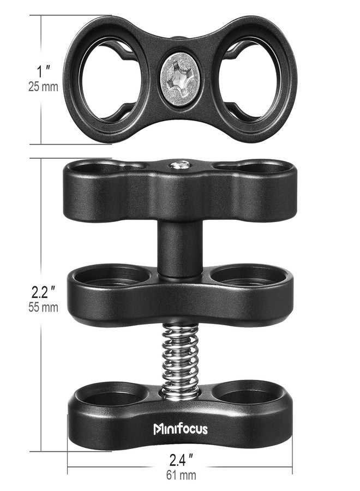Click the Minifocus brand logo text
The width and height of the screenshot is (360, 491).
tap(180, 428)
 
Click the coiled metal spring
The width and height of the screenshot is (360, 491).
tap(180, 355)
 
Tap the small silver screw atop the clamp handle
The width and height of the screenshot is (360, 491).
tap(180, 163)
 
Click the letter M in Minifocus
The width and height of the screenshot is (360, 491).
tap(158, 429)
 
